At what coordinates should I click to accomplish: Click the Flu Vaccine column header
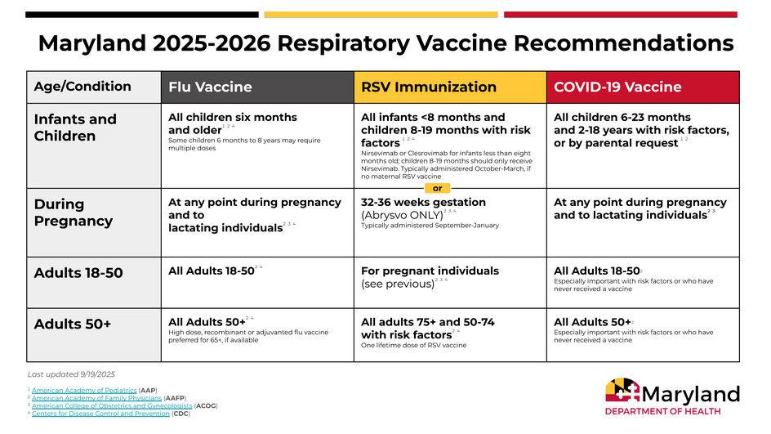210,87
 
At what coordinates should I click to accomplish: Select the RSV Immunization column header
428,87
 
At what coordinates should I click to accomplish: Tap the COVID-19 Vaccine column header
617,87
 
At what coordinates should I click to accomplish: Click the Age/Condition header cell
82,87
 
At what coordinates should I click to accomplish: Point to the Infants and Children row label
75,128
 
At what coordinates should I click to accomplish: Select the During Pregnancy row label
74,213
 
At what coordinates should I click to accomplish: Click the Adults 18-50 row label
78,273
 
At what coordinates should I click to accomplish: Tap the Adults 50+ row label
73,324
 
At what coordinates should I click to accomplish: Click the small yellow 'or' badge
437,188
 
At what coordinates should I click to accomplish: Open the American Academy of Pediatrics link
84,391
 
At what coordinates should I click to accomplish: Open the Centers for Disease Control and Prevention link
100,414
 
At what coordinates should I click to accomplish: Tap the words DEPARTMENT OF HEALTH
662,412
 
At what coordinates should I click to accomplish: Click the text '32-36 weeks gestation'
423,202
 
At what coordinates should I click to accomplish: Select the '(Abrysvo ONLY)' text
402,215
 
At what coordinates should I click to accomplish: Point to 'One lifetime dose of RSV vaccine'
413,346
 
